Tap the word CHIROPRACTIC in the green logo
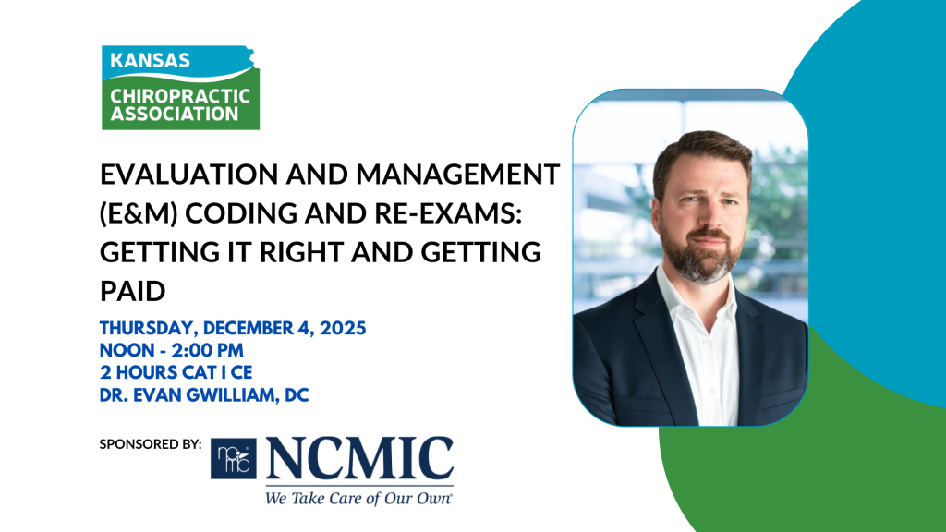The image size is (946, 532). click(180, 96)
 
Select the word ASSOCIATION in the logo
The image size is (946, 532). click(175, 114)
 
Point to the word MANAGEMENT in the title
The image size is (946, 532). click(458, 175)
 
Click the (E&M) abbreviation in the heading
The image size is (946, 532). click(139, 213)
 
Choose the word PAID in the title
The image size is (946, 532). click(133, 291)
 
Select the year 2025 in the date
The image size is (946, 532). click(343, 328)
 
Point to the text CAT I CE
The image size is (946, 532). click(217, 372)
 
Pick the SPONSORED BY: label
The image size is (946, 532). click(151, 444)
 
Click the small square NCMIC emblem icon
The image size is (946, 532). click(234, 458)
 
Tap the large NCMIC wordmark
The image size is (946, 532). click(359, 458)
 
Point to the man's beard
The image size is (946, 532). click(701, 253)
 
